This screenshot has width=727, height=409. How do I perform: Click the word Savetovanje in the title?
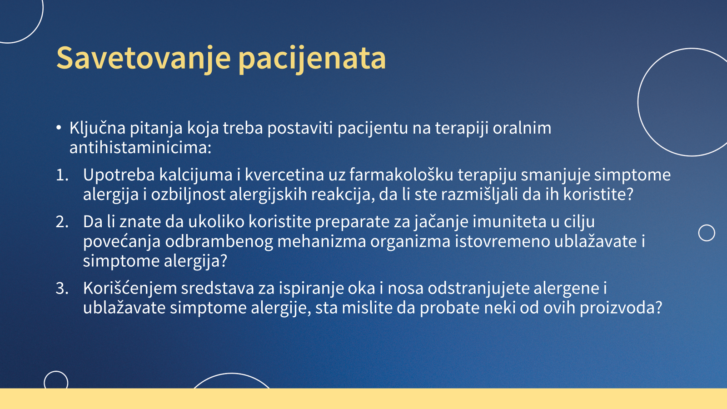(144, 59)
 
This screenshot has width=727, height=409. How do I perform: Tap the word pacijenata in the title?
(312, 59)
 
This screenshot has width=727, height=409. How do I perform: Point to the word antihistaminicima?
(140, 148)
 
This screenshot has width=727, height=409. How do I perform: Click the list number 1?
(62, 175)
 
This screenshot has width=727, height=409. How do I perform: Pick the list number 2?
(62, 222)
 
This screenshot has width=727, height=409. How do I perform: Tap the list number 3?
(62, 288)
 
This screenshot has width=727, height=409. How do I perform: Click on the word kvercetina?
(284, 175)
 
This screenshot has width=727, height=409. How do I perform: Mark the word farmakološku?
(401, 175)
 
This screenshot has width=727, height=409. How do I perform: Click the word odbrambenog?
(219, 241)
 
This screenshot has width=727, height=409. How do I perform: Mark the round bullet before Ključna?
(59, 128)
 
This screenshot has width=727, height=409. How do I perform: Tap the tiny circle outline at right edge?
(707, 233)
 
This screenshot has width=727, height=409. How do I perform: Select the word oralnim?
(522, 128)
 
